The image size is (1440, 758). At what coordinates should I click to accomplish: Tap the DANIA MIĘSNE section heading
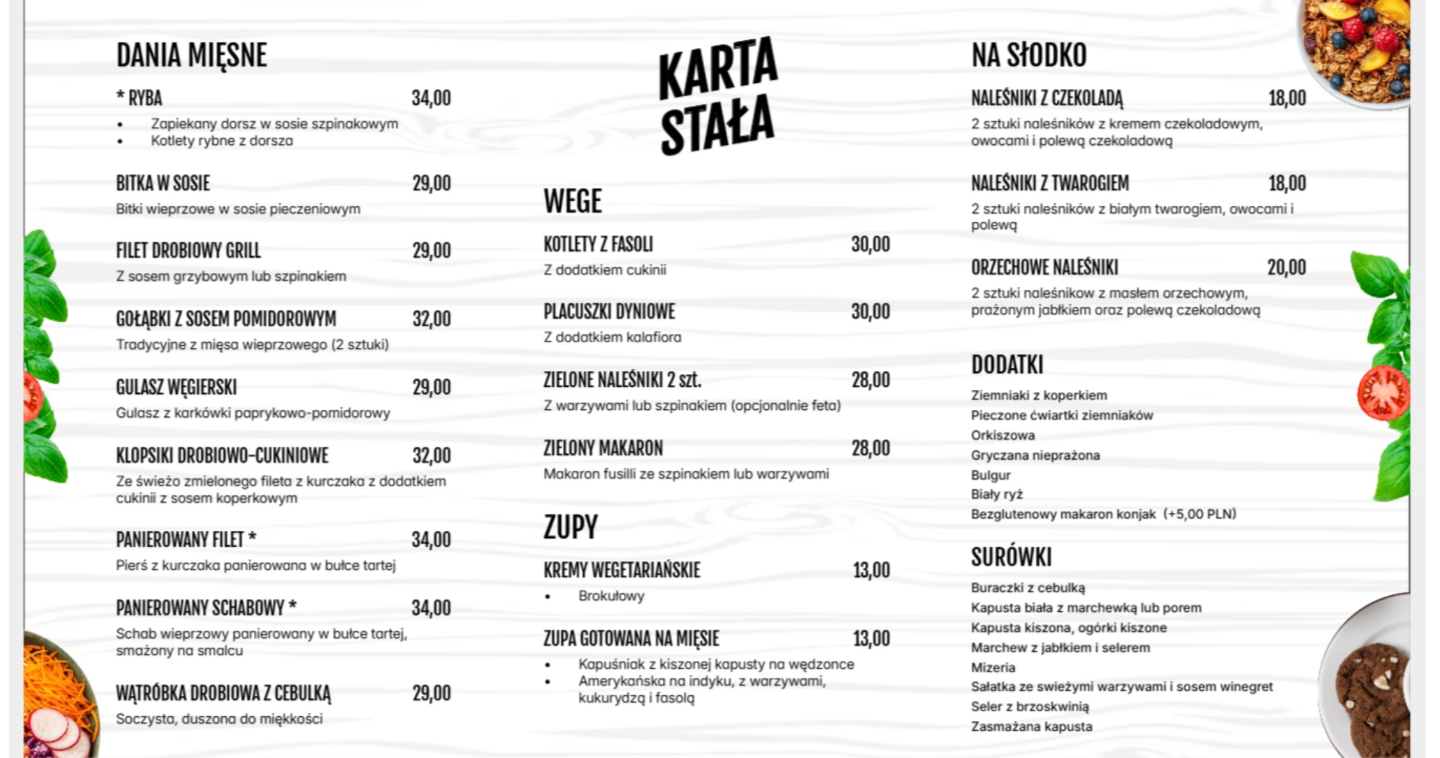tap(192, 55)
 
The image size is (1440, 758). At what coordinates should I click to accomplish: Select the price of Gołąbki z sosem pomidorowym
tap(431, 318)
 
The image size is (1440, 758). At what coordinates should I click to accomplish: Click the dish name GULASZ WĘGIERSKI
tap(176, 387)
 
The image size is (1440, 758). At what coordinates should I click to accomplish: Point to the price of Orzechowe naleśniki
tap(1286, 267)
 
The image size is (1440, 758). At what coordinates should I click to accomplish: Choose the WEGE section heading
tap(572, 201)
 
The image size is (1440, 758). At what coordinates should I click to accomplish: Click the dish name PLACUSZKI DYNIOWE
tap(609, 311)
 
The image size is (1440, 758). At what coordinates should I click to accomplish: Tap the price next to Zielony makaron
tap(870, 448)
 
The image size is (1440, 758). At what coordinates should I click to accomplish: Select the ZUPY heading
tap(570, 527)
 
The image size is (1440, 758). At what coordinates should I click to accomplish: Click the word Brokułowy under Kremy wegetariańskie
tap(611, 596)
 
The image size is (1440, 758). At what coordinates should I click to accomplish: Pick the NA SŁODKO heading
tap(1029, 55)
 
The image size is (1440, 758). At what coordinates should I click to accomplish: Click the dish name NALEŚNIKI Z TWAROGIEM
tap(1050, 183)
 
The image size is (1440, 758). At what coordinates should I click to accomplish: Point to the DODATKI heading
tap(1007, 365)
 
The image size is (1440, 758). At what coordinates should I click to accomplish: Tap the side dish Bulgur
tap(991, 475)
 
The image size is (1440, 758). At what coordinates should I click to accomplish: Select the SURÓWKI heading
tap(1011, 557)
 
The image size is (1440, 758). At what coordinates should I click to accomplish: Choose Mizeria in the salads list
tap(993, 667)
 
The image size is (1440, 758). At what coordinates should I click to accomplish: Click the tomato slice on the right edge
tap(1382, 393)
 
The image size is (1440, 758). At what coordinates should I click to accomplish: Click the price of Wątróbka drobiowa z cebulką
tap(431, 693)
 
